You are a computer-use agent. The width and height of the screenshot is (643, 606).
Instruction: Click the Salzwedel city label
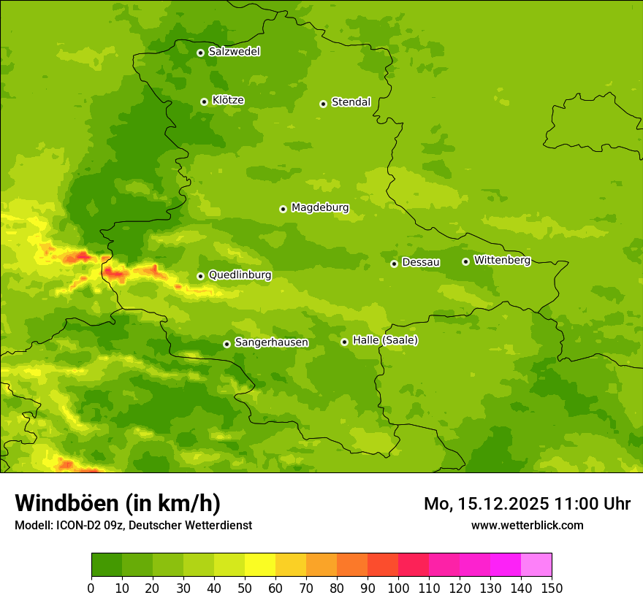point(234,52)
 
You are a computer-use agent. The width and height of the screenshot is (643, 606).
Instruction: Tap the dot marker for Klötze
point(204,101)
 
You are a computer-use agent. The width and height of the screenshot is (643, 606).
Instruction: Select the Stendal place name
point(351,102)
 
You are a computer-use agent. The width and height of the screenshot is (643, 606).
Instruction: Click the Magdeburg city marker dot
point(283,209)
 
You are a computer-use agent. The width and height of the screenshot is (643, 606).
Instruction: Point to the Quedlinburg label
point(240,275)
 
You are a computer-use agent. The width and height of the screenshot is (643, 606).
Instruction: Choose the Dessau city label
point(421,262)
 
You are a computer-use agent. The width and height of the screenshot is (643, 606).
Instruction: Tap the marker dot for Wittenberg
point(465,261)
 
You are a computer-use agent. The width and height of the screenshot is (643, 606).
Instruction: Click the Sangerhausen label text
point(271,342)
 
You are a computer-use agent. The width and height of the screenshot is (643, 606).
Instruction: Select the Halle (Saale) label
point(385,340)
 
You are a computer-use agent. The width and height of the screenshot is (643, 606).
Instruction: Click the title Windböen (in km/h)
point(117,503)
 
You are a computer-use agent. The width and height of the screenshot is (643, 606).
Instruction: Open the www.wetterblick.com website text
point(527,525)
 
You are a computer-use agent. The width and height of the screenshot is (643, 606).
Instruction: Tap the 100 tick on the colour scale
point(398,588)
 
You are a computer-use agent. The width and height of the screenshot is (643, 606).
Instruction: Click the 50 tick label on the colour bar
point(245,588)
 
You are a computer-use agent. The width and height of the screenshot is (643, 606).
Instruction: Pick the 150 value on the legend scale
point(552,588)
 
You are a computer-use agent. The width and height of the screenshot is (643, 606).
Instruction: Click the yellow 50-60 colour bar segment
point(260,565)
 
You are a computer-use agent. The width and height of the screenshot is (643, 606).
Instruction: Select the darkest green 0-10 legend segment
point(107,565)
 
